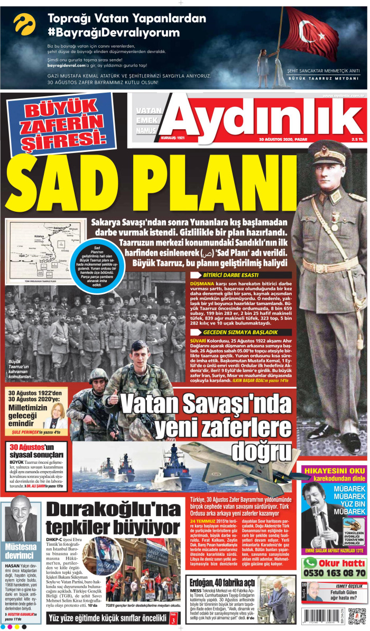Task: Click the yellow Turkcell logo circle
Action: coord(24,24)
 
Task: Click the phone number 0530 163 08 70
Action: coord(334,573)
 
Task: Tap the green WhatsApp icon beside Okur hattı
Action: coord(310,562)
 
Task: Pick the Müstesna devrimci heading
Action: coord(20,552)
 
